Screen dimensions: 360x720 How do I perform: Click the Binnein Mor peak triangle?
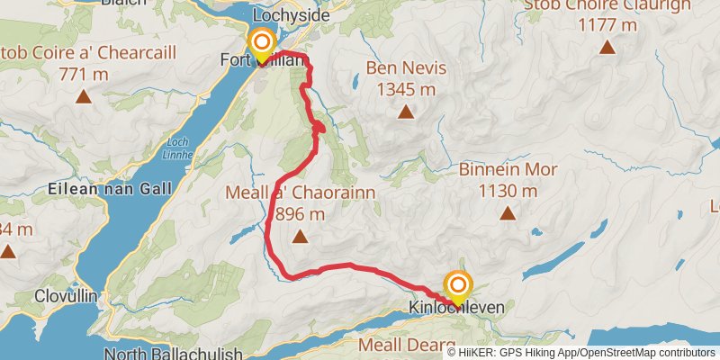point(508,214)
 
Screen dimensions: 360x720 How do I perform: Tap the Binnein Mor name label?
point(508,170)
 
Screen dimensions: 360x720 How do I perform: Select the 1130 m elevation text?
point(508,191)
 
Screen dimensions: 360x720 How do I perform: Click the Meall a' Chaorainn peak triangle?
point(300,238)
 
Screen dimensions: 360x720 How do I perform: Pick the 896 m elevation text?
point(301,214)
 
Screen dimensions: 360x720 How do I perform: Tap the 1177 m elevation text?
point(608,24)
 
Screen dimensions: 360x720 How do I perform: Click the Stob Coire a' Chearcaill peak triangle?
point(84,95)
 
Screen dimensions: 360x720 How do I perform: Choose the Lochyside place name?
point(292,15)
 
